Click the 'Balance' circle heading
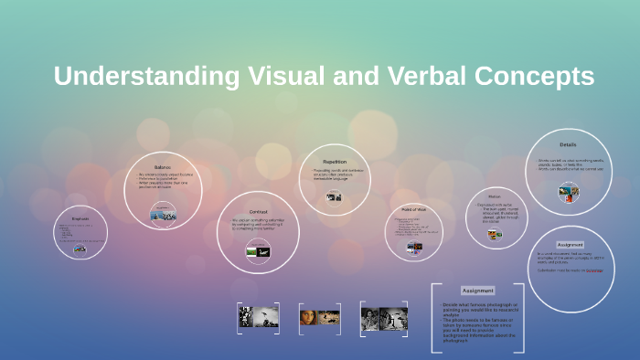click(163, 167)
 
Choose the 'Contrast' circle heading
click(258, 211)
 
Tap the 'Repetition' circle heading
click(335, 162)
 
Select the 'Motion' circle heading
click(494, 196)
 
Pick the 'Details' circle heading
click(568, 144)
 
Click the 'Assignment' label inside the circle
click(570, 245)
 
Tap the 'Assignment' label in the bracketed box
click(478, 291)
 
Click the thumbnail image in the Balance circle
click(164, 216)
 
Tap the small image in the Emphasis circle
click(80, 249)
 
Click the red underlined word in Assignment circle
click(594, 270)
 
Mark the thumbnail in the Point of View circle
click(414, 247)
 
